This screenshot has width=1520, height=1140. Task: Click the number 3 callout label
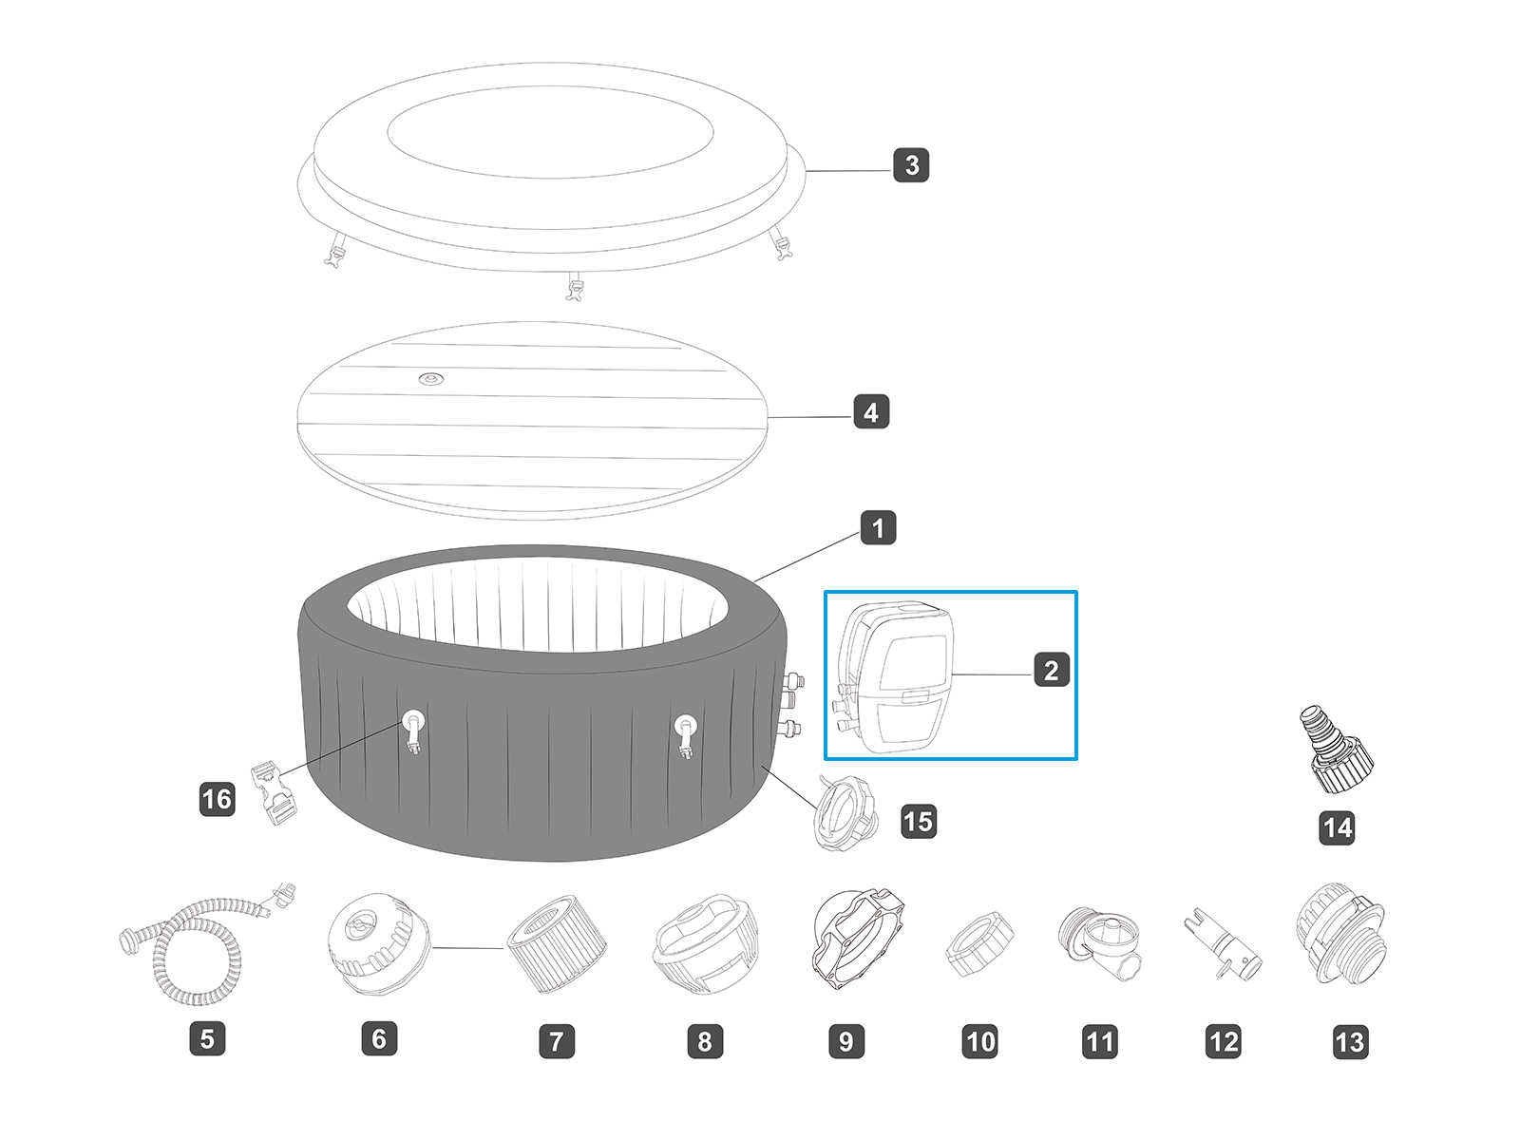[x=911, y=165]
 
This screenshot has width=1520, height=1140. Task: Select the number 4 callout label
[x=871, y=412]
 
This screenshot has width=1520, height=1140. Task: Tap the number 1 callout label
[x=878, y=527]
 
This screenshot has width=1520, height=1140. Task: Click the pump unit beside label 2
[x=898, y=676]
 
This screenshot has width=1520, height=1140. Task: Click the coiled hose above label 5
[x=199, y=950]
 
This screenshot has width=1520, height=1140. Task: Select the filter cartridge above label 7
[x=557, y=942]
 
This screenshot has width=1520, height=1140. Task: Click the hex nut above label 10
[x=980, y=943]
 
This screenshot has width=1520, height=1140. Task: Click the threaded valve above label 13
[x=1340, y=936]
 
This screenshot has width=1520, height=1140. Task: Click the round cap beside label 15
[x=844, y=813]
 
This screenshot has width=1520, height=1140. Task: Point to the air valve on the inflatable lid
[x=431, y=379]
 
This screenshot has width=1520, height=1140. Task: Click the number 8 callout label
[x=705, y=1041]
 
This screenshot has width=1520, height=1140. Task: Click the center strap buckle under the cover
[x=574, y=287]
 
